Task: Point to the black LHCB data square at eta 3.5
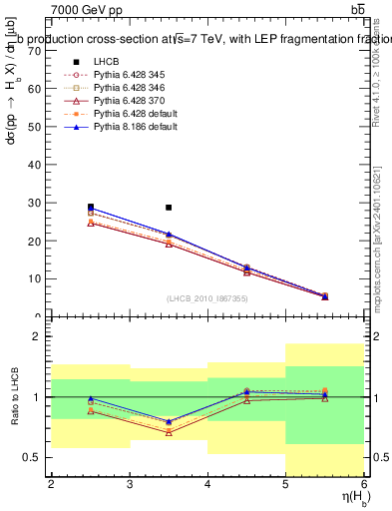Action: point(169,208)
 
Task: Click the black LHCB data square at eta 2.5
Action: point(91,208)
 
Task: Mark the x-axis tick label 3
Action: point(129,484)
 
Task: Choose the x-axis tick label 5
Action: point(285,484)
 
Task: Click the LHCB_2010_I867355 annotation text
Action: point(207,298)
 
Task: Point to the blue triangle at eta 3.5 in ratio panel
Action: point(169,421)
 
